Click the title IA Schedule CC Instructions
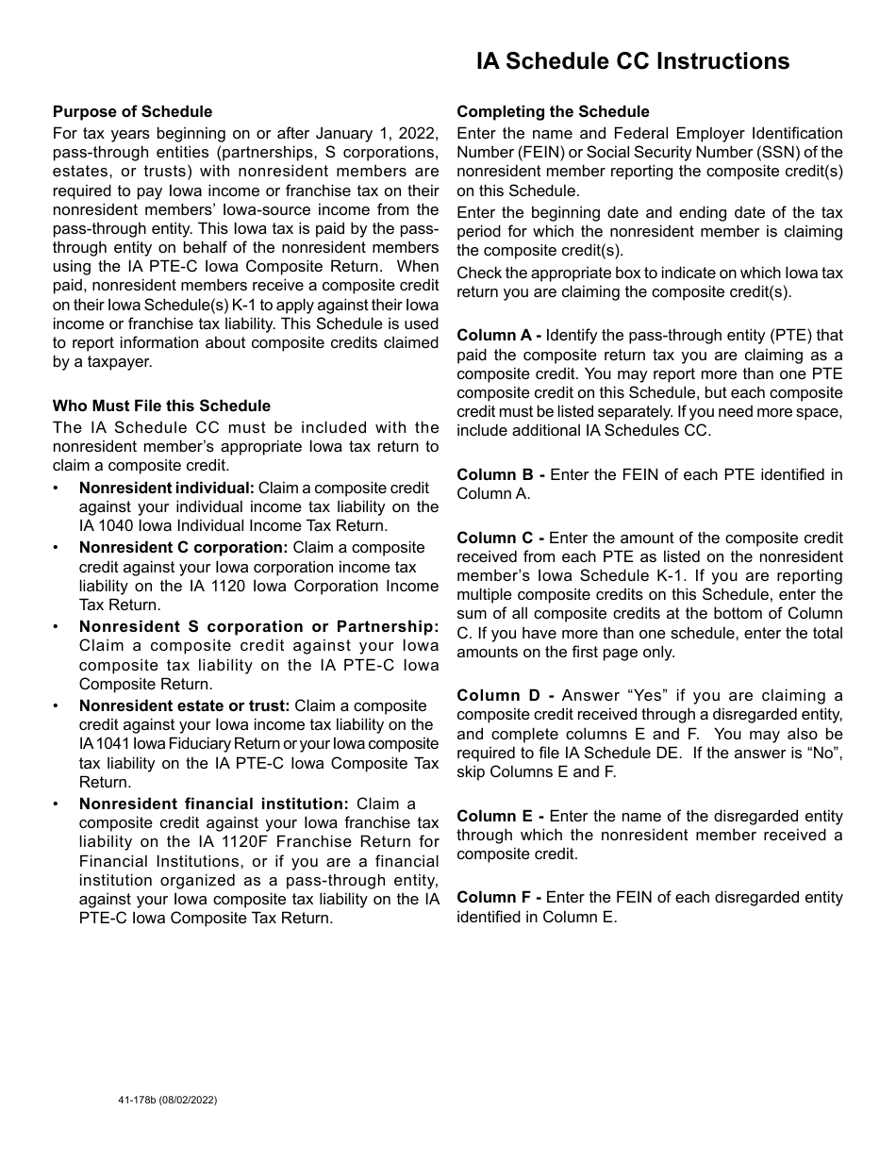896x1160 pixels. (633, 61)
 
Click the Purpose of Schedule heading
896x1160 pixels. (132, 112)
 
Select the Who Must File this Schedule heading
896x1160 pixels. (161, 406)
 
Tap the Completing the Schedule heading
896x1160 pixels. (553, 112)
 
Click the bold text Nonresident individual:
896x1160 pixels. (167, 488)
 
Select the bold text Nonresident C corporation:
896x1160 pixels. (183, 547)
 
